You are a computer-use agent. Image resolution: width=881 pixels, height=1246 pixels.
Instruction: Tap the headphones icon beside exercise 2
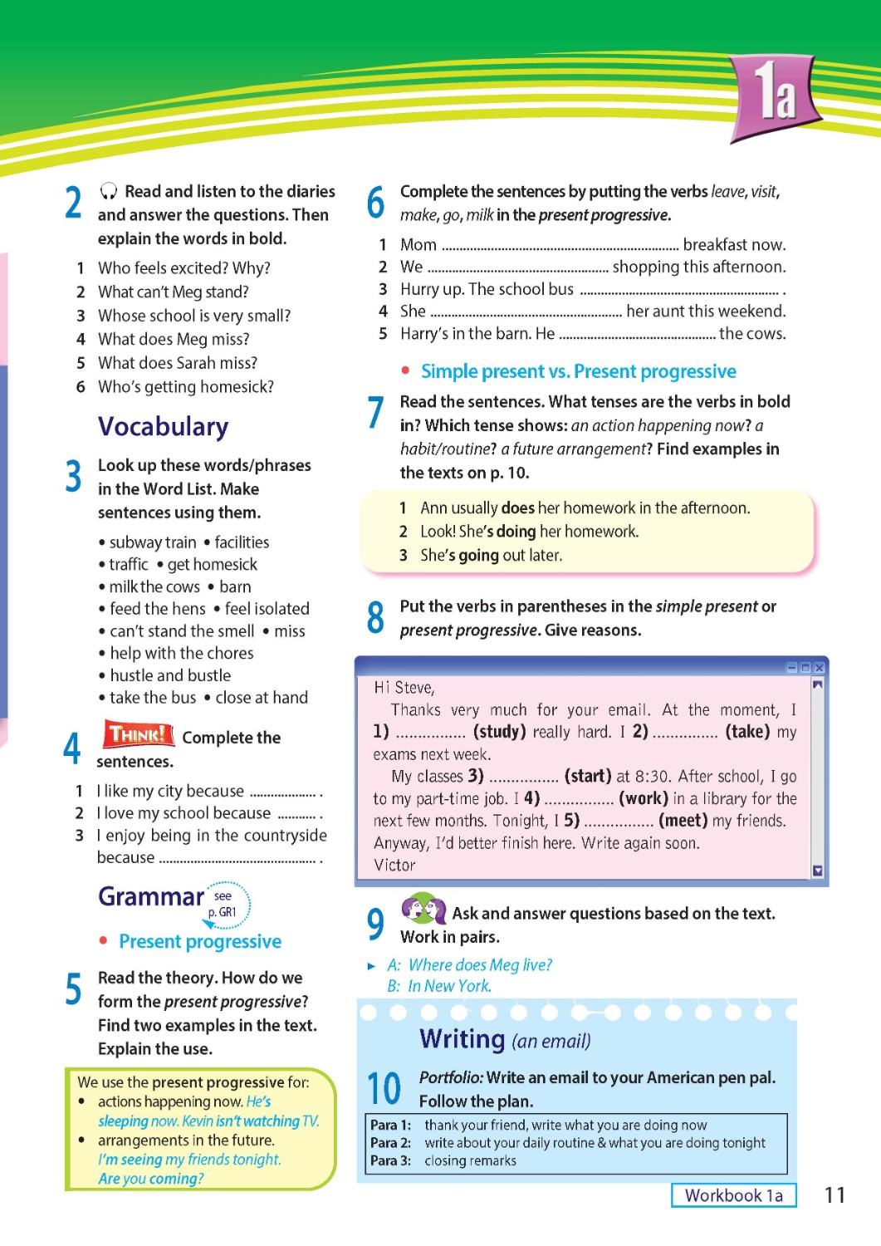coord(108,192)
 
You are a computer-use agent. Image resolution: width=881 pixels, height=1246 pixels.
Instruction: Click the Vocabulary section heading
coord(163,426)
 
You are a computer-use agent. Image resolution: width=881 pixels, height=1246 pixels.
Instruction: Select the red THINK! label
coord(138,734)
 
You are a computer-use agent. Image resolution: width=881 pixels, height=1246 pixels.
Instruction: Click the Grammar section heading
coord(150,896)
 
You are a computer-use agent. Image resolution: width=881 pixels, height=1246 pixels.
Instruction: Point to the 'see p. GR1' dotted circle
coord(225,904)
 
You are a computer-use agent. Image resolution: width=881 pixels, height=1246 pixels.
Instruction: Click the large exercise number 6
coord(375,203)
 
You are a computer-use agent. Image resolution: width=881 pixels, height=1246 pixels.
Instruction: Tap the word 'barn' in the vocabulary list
coord(236,586)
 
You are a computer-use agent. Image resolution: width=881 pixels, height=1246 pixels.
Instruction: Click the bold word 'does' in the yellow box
coord(518,508)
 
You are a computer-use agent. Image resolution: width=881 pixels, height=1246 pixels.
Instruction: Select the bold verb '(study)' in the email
coord(499,732)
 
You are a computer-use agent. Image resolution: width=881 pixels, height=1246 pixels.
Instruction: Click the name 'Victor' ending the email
coord(394,865)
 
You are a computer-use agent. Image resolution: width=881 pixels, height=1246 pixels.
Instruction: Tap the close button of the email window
coord(820,667)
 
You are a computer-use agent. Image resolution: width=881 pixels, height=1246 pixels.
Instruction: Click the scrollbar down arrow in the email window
coord(818,871)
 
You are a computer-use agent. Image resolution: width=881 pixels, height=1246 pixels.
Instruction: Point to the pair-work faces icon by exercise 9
coord(423,909)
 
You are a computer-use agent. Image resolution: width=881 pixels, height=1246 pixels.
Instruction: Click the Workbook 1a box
coord(733,1195)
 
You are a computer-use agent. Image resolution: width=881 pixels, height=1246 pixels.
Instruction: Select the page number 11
coord(835,1195)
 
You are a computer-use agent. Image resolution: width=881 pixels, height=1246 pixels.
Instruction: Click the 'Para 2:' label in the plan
coord(390,1143)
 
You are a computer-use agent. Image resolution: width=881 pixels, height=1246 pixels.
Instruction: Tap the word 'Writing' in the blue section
coord(463,1038)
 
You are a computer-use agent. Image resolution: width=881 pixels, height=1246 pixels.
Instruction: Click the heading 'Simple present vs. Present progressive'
coord(578,371)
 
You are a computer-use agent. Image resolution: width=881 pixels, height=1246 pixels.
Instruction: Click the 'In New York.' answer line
coord(449,986)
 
